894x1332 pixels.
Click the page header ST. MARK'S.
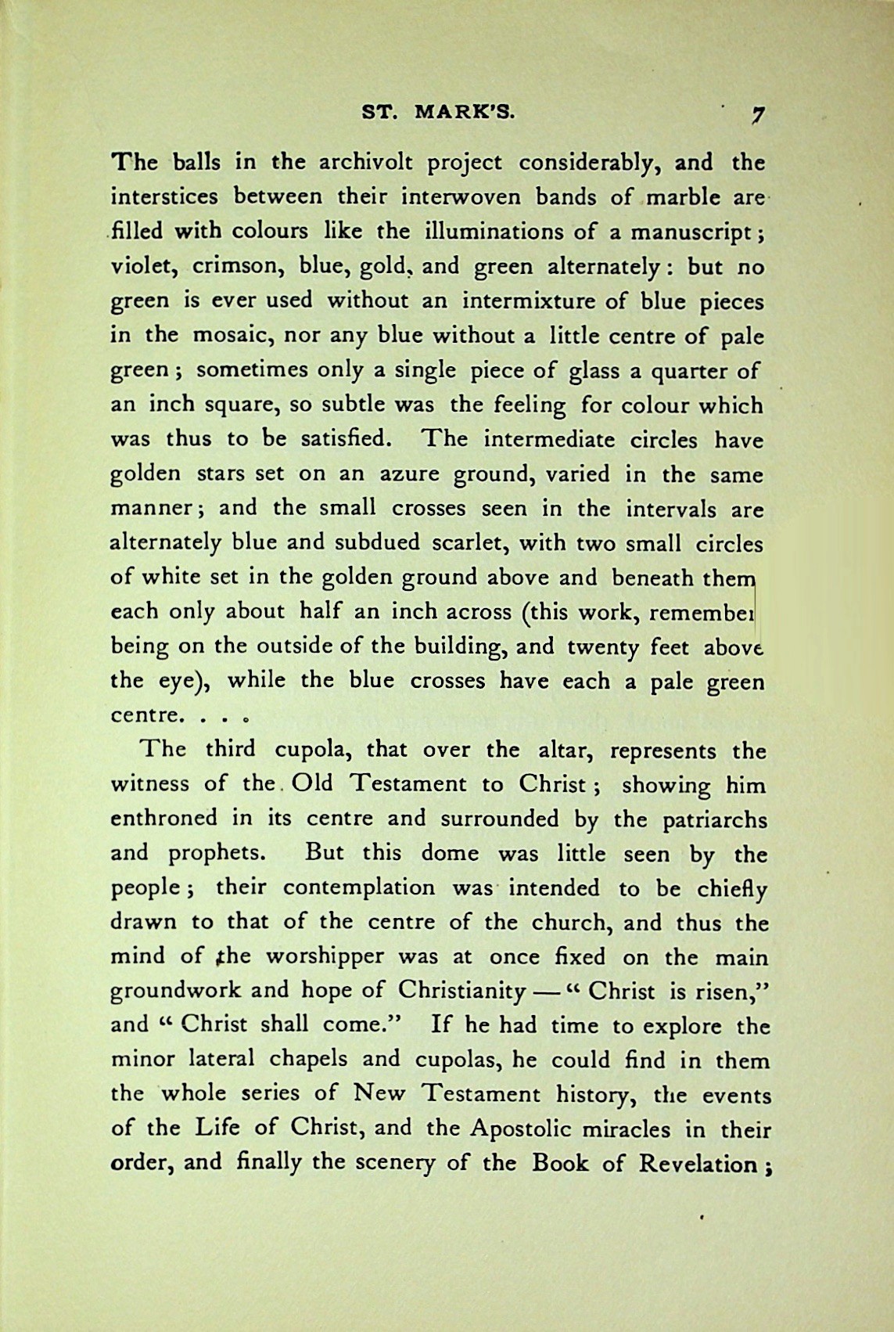tap(437, 112)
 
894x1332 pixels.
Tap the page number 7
tap(757, 114)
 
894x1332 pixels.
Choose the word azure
tap(413, 474)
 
